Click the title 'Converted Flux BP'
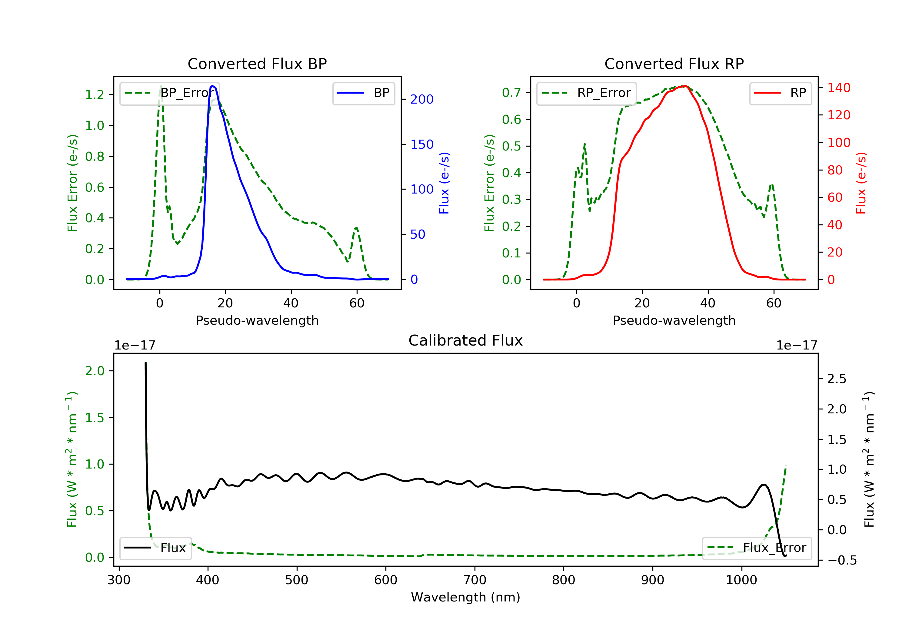coord(257,64)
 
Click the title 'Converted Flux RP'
coord(674,64)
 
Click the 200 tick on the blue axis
coord(422,99)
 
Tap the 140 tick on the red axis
coord(838,88)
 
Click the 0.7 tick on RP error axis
coord(511,93)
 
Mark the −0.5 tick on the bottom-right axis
coord(842,560)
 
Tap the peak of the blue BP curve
coord(213,86)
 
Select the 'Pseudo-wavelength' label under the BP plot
coord(257,320)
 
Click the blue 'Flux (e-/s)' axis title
coord(444,183)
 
